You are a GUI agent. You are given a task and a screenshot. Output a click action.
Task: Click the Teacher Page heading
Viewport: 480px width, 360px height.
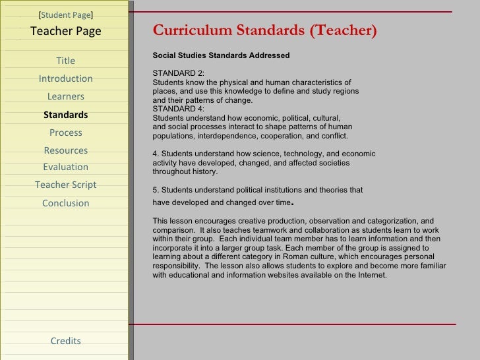[x=66, y=30]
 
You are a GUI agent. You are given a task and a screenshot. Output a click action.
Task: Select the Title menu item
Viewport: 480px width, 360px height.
[x=66, y=61]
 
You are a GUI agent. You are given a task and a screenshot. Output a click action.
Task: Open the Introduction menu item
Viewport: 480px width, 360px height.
[x=66, y=79]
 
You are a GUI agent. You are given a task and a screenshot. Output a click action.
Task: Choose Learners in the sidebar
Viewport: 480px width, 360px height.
[x=66, y=97]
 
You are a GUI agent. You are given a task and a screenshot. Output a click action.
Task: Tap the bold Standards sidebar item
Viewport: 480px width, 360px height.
[x=66, y=115]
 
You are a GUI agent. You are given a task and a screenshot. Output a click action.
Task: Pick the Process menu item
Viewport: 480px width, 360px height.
[x=66, y=133]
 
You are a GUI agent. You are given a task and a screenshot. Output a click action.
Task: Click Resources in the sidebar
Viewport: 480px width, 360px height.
[x=66, y=150]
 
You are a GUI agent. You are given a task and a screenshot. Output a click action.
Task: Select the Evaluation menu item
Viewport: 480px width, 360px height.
[x=66, y=167]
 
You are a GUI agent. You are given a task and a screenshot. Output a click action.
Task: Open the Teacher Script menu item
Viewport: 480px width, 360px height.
[x=66, y=185]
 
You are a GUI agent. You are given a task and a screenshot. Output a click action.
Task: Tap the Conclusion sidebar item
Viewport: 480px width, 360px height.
[x=66, y=203]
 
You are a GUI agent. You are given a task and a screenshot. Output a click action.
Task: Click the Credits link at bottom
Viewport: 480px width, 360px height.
[x=66, y=341]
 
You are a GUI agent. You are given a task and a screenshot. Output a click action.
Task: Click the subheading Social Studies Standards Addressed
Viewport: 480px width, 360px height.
[x=221, y=55]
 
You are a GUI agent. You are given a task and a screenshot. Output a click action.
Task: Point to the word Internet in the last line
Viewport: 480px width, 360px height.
[x=371, y=276]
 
